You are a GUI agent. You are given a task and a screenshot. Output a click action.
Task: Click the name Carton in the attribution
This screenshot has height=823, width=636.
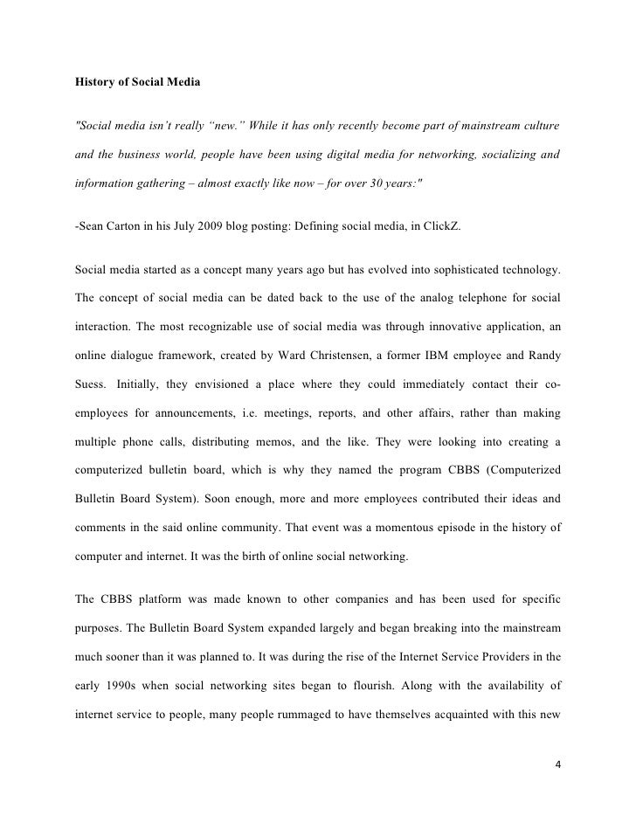tap(131, 226)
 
